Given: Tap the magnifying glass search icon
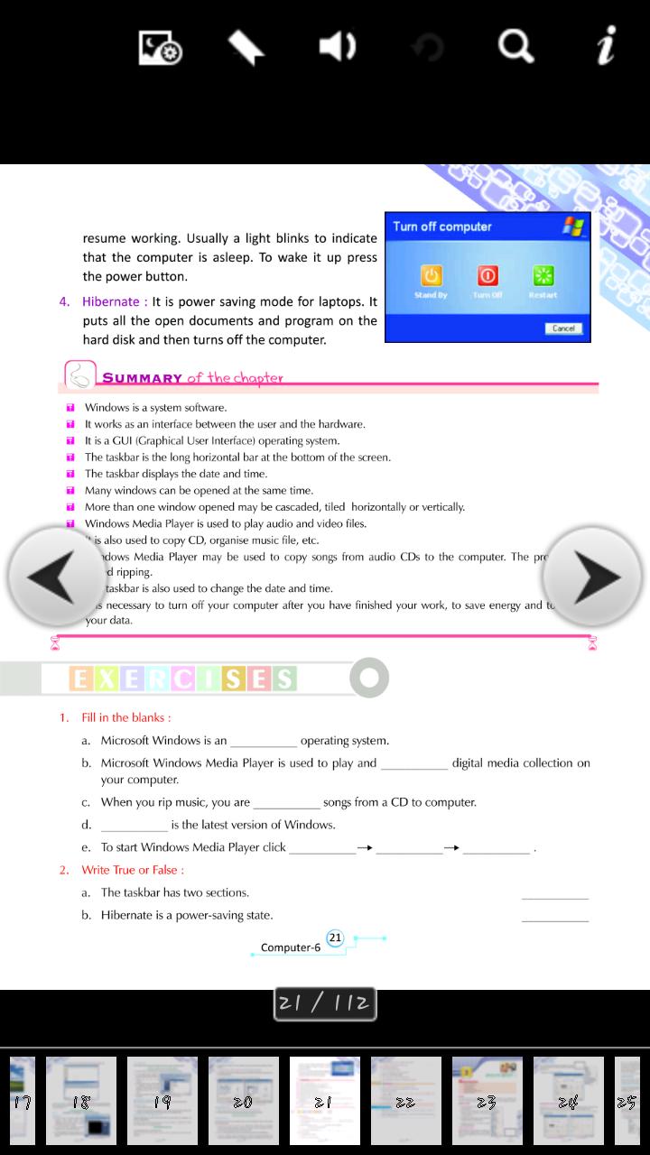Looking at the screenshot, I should (x=516, y=46).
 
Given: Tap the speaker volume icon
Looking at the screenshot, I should (x=338, y=46).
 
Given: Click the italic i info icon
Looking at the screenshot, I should (x=607, y=45).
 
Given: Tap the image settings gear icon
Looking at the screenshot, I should (x=161, y=47).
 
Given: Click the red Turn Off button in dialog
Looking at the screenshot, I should (x=487, y=276).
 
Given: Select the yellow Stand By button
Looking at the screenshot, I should (x=432, y=276).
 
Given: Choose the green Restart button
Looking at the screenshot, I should (x=543, y=276).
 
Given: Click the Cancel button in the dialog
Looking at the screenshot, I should (x=563, y=328).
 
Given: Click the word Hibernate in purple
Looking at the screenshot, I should (x=110, y=301).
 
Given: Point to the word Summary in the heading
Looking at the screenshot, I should (x=142, y=378).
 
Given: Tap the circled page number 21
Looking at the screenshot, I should (x=335, y=938).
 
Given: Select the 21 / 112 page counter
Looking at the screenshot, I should (x=325, y=1003).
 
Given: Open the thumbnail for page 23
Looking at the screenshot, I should (x=487, y=1100).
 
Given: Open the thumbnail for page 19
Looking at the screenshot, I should (x=162, y=1100).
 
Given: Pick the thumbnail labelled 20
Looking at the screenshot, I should (x=244, y=1100).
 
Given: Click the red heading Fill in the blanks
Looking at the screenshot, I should (x=125, y=717).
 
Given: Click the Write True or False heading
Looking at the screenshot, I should (x=133, y=870).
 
